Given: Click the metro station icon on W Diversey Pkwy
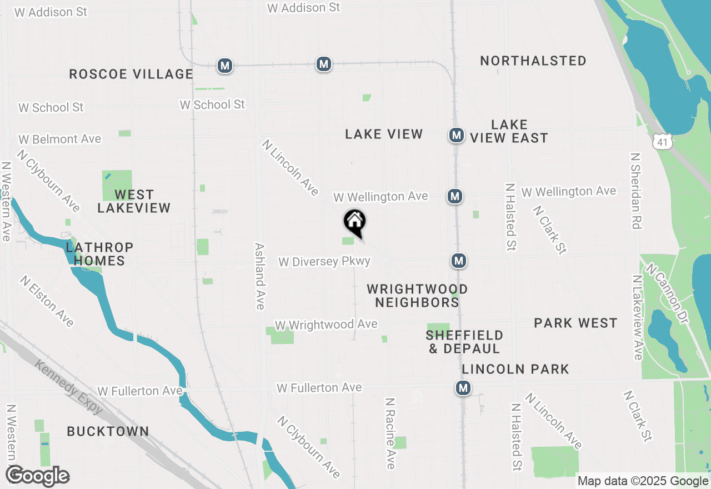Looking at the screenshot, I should coord(458,261).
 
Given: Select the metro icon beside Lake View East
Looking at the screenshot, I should coord(456,135).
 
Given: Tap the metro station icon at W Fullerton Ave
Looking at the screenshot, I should coord(463,388).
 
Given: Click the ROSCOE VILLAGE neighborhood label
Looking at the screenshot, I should coord(131,74).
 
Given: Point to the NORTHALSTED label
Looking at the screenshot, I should coord(533,61).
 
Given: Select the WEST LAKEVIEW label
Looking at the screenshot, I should coord(134,201).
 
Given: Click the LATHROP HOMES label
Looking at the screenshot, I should coord(99,253).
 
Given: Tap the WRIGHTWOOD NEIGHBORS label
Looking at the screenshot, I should coord(417,296).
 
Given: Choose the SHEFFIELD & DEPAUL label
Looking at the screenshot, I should coord(464,342).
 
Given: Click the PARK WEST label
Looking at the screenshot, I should coord(575,323).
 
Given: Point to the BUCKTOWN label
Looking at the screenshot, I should coord(108,431).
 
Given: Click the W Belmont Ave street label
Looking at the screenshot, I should coord(60,139).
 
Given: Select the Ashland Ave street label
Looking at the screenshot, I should coord(259,276).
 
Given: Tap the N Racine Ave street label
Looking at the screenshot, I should coord(390,433).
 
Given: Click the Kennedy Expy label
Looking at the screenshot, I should coord(69,387).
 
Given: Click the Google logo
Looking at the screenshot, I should coord(37,476).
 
